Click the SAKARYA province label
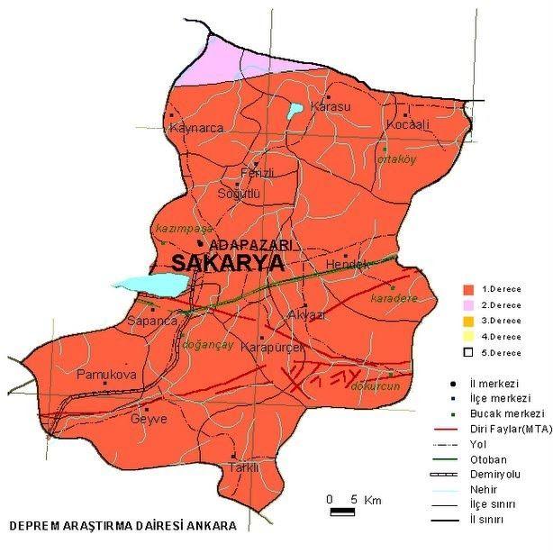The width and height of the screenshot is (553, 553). click(227, 263)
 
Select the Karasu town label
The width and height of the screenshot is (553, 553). click(330, 107)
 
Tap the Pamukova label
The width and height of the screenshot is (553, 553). click(106, 374)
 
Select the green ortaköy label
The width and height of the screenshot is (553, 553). click(393, 162)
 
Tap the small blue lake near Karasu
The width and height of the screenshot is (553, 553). click(295, 111)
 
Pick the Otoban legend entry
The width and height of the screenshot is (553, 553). click(501, 459)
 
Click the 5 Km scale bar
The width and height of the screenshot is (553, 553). click(341, 512)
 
